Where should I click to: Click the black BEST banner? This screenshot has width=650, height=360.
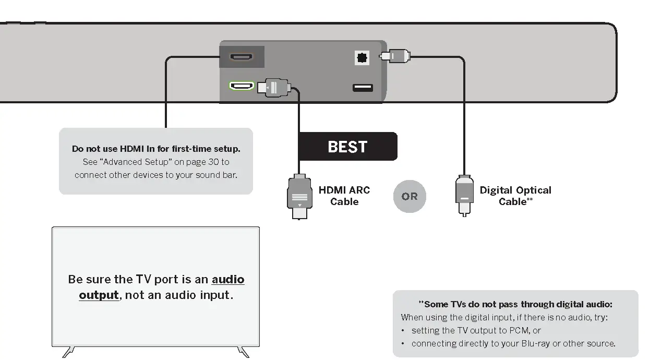[347, 146]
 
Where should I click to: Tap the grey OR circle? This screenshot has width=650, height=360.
[410, 196]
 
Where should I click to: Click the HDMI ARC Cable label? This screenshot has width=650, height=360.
[344, 196]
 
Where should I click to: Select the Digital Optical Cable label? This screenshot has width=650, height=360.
[515, 196]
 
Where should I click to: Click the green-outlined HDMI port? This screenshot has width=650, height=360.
[242, 86]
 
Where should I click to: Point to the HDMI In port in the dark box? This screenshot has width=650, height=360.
[241, 57]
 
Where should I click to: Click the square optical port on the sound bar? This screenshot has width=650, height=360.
[362, 58]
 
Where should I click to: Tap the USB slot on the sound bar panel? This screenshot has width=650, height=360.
[363, 88]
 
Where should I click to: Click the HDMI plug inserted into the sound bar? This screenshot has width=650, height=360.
[274, 87]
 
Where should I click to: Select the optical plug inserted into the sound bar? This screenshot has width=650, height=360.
[395, 56]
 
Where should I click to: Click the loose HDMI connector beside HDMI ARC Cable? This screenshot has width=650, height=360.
[299, 196]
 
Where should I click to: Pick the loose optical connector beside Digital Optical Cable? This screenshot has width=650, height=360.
[464, 196]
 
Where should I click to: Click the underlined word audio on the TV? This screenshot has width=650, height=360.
[228, 279]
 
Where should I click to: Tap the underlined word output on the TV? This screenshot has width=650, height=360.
[99, 295]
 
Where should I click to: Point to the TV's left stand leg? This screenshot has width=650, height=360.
[68, 352]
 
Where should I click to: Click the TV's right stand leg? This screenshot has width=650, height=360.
[243, 352]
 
